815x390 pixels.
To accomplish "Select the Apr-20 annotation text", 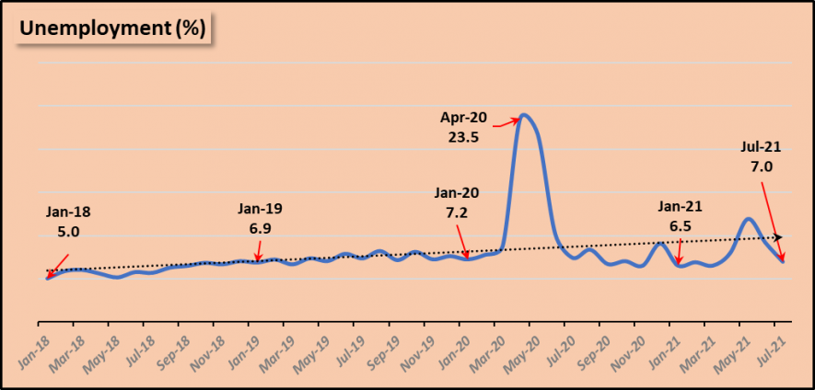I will tap(461, 119).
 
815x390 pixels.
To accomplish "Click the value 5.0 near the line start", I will tap(68, 232).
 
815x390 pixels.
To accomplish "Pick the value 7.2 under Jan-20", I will tap(457, 212).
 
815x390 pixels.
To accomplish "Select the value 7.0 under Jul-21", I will tap(761, 166).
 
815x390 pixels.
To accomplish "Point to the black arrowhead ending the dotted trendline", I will tap(779, 237).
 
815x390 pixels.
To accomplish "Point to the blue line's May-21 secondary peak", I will tap(749, 219).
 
